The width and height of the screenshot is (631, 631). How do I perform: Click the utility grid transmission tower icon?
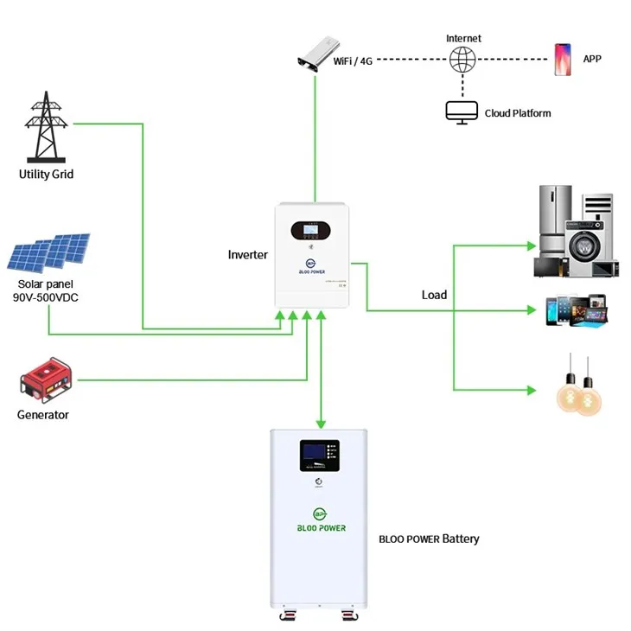[x=47, y=129]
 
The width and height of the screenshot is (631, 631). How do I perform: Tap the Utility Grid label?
[x=47, y=174]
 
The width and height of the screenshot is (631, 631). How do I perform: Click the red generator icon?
[x=45, y=380]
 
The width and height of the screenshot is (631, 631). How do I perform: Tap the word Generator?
[x=43, y=415]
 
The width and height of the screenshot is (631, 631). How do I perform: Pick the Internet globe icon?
[x=462, y=60]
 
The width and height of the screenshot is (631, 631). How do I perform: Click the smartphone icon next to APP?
[x=563, y=60]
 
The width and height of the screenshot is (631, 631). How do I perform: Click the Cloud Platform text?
[x=517, y=113]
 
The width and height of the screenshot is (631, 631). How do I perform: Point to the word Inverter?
[x=247, y=255]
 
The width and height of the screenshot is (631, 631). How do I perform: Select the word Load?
[x=434, y=295]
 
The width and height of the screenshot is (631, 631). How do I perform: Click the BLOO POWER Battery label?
[x=429, y=539]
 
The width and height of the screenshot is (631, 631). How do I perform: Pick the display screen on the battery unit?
[x=319, y=454]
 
